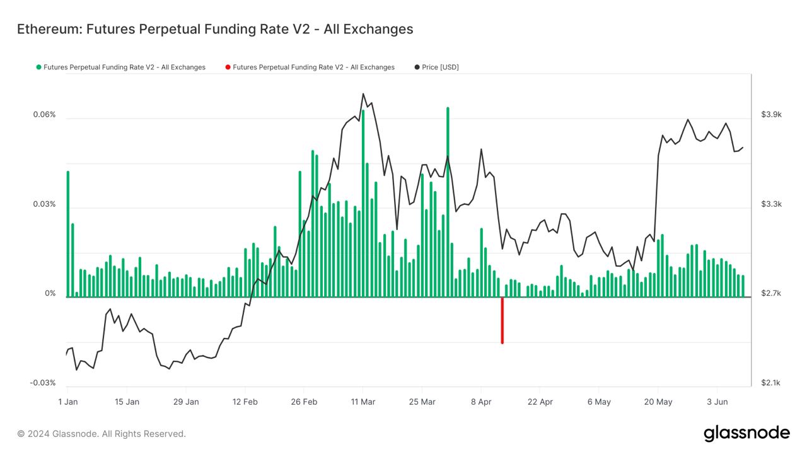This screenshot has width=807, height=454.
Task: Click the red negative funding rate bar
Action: [502, 320]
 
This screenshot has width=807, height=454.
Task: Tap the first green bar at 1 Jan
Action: [67, 233]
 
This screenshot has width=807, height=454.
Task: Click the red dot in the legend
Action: [228, 67]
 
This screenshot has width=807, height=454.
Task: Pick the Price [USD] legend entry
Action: [440, 67]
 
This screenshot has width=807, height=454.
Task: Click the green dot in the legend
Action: [38, 67]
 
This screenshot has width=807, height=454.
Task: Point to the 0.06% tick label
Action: [44, 115]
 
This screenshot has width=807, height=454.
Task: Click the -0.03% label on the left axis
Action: [43, 383]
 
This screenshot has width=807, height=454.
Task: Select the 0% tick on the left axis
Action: [50, 294]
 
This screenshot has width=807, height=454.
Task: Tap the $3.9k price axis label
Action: [771, 115]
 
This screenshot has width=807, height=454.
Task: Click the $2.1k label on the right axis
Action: [771, 383]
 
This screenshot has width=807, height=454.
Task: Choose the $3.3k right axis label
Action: [771, 204]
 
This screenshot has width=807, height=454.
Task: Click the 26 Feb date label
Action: [304, 402]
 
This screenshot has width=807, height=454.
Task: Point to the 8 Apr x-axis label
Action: [481, 402]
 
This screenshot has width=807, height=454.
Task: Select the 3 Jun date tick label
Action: [717, 402]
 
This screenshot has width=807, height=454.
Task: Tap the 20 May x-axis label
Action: [658, 402]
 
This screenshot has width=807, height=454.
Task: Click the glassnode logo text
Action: [746, 433]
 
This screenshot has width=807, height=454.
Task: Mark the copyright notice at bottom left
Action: [102, 434]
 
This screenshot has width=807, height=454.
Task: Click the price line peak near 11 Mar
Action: [363, 94]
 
